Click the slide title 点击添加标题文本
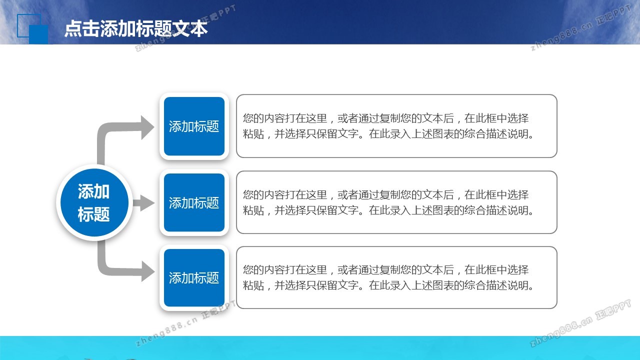tap(136, 28)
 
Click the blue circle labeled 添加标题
tap(94, 202)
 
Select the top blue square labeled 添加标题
tap(194, 126)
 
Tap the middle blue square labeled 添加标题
tap(194, 202)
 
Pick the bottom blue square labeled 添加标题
tap(194, 277)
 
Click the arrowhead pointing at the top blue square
tap(147, 127)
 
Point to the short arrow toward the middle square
tap(143, 203)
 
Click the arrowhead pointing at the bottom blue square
tap(147, 271)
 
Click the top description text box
tap(396, 126)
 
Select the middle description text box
tap(396, 202)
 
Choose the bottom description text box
tap(396, 277)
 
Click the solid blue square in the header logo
tap(38, 34)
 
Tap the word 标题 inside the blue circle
tap(93, 214)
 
